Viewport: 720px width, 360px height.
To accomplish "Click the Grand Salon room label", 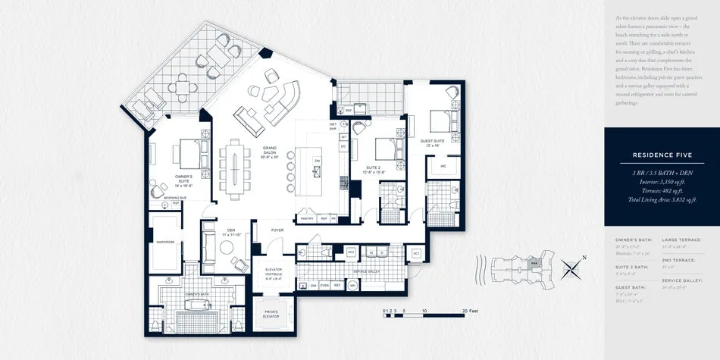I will (270, 152).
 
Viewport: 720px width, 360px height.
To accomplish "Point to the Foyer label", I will (277, 230).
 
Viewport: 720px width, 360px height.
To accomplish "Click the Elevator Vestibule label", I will (274, 274).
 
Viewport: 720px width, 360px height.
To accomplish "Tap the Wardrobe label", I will (165, 243).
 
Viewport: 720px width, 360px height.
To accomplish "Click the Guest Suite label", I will (432, 142).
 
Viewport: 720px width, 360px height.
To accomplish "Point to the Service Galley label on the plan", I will (367, 271).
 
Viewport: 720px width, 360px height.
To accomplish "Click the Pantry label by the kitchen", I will (307, 218).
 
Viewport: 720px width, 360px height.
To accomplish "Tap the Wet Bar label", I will (333, 126).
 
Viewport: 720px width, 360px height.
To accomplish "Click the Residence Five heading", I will (662, 156).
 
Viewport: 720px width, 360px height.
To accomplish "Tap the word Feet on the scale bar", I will (471, 311).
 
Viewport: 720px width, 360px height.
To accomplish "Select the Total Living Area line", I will (662, 199).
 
